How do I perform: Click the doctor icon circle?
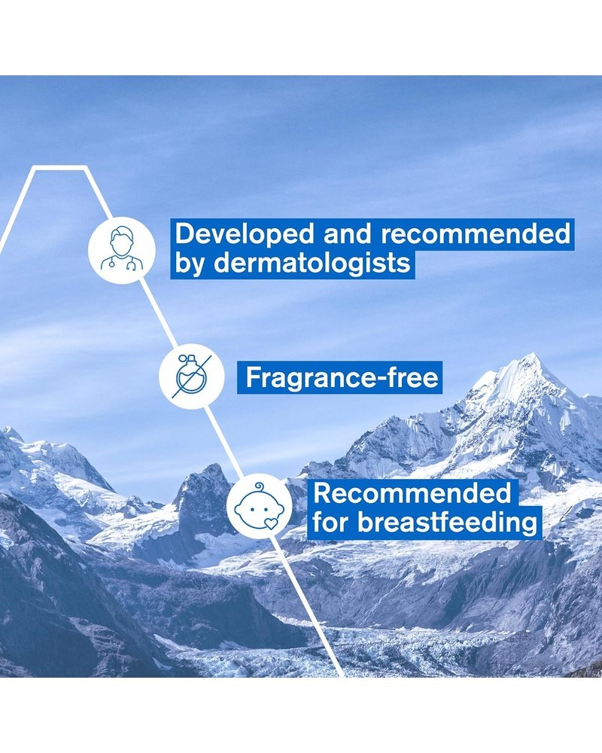(x=121, y=250)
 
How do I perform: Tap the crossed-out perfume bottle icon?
(x=192, y=376)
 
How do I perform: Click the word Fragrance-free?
(x=342, y=378)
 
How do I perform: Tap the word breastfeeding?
(x=447, y=522)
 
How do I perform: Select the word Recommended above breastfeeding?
(x=412, y=493)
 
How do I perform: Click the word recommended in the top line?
(x=476, y=234)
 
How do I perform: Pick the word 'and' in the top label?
(x=348, y=234)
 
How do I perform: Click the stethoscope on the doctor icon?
(x=121, y=262)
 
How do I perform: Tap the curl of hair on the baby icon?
(x=260, y=487)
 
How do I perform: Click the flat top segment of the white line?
(x=59, y=168)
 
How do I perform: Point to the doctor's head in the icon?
(x=121, y=241)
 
